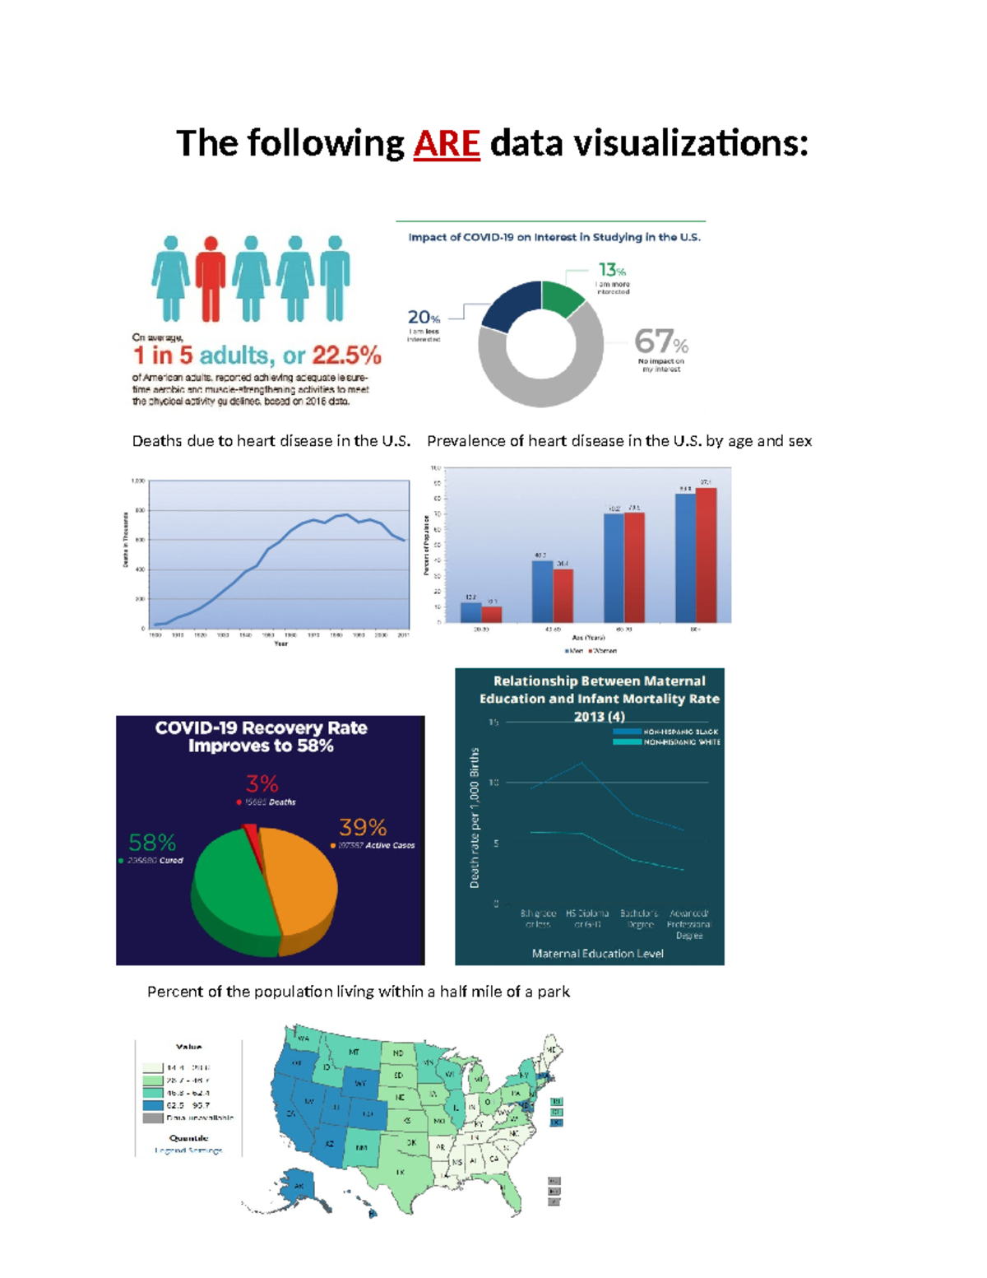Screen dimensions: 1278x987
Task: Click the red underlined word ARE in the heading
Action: pos(446,143)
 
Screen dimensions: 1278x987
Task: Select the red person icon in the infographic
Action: pos(211,277)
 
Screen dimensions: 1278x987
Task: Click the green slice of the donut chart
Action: pos(562,298)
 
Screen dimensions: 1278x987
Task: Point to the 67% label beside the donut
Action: pos(660,341)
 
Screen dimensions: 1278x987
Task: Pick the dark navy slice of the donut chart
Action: pos(511,305)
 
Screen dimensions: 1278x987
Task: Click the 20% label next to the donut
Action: pos(424,318)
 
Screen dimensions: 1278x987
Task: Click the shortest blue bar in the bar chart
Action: pos(470,612)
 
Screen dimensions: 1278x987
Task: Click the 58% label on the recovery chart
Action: pos(152,843)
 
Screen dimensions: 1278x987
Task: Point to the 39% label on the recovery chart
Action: pos(363,827)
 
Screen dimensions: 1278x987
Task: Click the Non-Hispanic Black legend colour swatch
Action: pos(627,732)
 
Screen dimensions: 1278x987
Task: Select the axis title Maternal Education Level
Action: pos(597,954)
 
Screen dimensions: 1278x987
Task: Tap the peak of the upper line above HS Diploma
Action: pos(582,763)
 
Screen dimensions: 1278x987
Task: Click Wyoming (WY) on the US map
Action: pos(361,1082)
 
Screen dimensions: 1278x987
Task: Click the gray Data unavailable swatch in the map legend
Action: pos(153,1118)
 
